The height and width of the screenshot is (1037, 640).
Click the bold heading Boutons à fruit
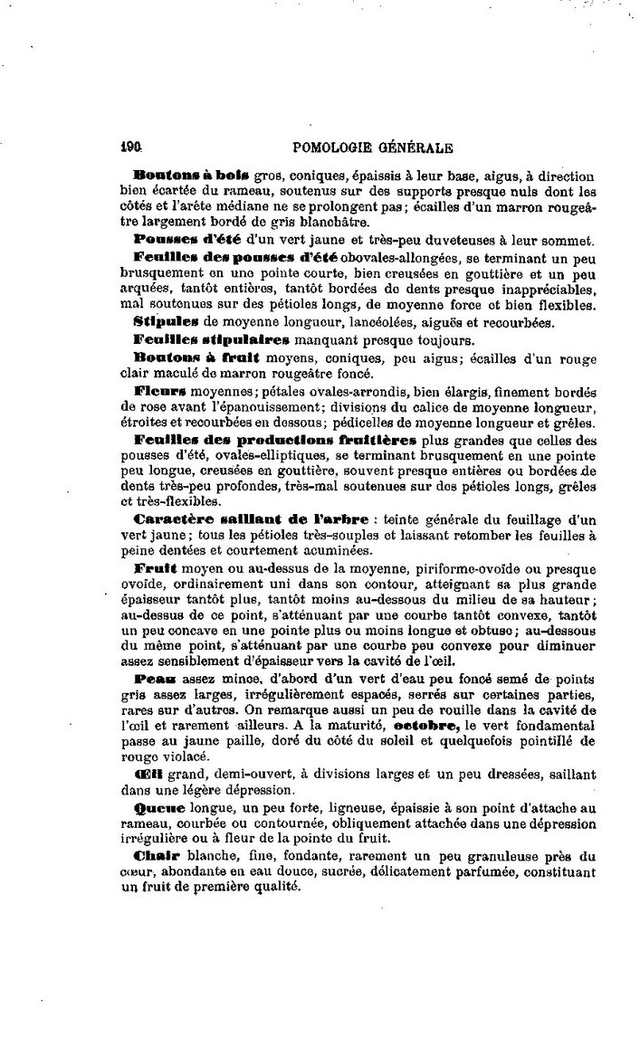coord(186,358)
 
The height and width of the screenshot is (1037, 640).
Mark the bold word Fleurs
coord(160,394)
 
